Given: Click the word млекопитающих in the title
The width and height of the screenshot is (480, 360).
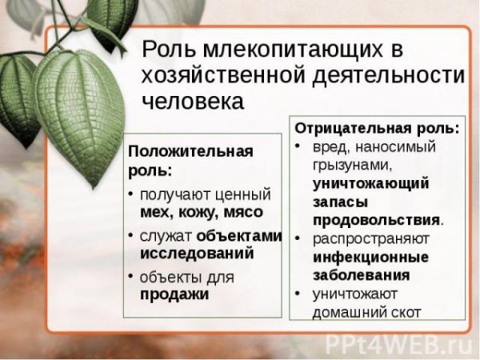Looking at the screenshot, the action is (x=292, y=50).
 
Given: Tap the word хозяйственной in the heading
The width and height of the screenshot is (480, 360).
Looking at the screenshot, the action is (x=223, y=75).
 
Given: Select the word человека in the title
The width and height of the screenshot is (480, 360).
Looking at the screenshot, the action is (x=193, y=101).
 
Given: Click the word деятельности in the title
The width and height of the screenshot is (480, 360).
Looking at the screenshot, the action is (x=389, y=75).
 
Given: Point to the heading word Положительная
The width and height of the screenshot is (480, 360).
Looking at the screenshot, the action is (x=190, y=151).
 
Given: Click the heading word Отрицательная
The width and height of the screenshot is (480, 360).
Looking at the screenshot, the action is (x=354, y=128).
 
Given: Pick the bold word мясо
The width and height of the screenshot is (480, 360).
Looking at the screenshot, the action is (x=243, y=213).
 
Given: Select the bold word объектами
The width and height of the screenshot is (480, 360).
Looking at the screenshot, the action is (x=238, y=236).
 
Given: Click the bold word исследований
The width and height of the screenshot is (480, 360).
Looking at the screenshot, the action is (x=197, y=254).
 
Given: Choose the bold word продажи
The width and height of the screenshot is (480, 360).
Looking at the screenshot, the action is (x=174, y=294).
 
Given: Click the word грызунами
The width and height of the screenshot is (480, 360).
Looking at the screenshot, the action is (x=353, y=166).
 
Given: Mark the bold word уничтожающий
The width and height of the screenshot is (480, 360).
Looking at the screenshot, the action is (x=371, y=184).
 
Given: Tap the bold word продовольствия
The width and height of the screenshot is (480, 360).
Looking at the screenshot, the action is (x=376, y=220).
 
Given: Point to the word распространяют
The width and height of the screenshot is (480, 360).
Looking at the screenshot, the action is (x=371, y=239).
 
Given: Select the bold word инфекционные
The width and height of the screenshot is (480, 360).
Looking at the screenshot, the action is (x=370, y=257).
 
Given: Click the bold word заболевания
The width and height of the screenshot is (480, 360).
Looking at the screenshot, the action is (x=362, y=275).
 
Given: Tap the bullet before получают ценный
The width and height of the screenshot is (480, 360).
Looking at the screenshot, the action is (x=131, y=194).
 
